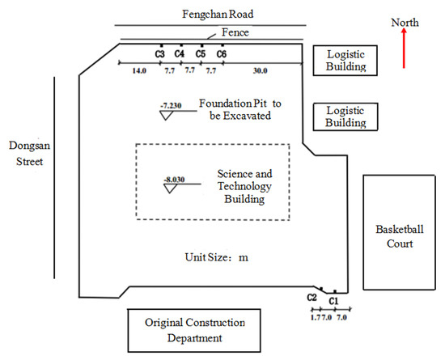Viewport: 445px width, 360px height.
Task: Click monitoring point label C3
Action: pyautogui.click(x=160, y=54)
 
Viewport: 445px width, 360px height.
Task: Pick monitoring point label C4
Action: pyautogui.click(x=180, y=54)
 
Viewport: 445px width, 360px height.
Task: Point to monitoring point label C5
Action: pyautogui.click(x=201, y=54)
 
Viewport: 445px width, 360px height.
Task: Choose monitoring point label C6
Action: pyautogui.click(x=221, y=54)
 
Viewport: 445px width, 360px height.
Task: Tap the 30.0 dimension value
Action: pyautogui.click(x=259, y=71)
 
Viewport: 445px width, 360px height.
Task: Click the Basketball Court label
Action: pyautogui.click(x=394, y=236)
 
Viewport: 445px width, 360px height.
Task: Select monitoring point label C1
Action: pyautogui.click(x=333, y=300)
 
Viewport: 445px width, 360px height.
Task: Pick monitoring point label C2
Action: pyautogui.click(x=311, y=297)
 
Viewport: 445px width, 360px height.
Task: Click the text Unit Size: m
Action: pyautogui.click(x=216, y=257)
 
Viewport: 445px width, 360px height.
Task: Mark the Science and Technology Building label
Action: pyautogui.click(x=245, y=187)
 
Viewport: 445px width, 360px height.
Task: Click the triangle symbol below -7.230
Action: pyautogui.click(x=168, y=115)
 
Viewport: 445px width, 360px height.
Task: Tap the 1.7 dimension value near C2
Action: pyautogui.click(x=314, y=319)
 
